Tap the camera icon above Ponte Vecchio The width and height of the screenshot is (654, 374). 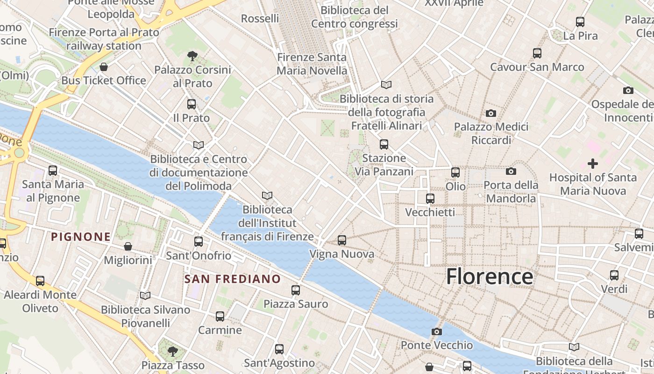tap(436, 331)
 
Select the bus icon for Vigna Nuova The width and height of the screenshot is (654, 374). tap(342, 240)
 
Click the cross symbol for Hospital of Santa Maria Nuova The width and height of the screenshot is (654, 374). tap(592, 164)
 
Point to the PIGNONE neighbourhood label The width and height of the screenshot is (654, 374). tap(81, 237)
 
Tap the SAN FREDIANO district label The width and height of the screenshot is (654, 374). tap(233, 279)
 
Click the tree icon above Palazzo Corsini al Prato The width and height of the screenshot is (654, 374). tap(192, 56)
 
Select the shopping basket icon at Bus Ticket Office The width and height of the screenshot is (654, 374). tap(104, 67)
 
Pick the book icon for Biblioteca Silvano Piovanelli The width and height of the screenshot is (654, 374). tap(145, 295)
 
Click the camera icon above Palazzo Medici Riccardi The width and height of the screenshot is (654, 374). tap(490, 113)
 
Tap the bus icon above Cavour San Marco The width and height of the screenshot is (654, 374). tap(537, 53)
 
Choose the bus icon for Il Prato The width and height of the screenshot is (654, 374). tap(192, 104)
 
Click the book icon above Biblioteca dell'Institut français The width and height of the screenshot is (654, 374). tap(267, 195)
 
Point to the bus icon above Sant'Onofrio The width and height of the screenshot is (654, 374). tap(199, 242)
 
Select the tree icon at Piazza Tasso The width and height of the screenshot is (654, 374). tap(173, 351)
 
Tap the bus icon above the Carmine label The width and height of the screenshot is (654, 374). tap(220, 316)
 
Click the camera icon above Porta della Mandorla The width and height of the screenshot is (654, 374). tap(511, 172)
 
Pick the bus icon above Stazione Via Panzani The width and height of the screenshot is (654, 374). tap(384, 144)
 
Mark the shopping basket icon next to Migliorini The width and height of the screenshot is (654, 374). tap(128, 246)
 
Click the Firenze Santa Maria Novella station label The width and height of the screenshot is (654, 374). tap(312, 64)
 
